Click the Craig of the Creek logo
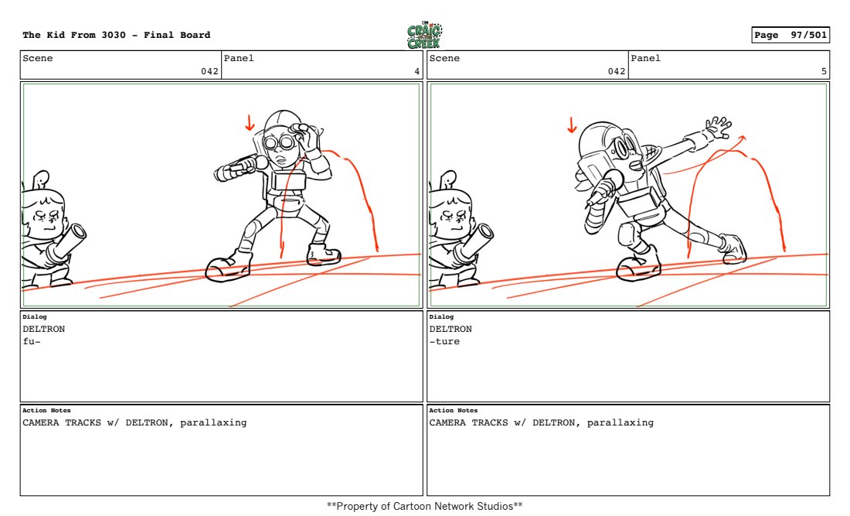424,36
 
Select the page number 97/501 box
790,35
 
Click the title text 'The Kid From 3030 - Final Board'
117,35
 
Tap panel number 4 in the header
416,71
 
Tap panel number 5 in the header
824,71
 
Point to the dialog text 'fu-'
32,341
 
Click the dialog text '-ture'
444,341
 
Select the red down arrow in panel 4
250,123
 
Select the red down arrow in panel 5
572,125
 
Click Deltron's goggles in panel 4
279,142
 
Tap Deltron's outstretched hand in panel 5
719,128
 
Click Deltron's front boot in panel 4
228,266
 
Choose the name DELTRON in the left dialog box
43,329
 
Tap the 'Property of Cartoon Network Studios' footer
424,506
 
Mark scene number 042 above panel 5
617,71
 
